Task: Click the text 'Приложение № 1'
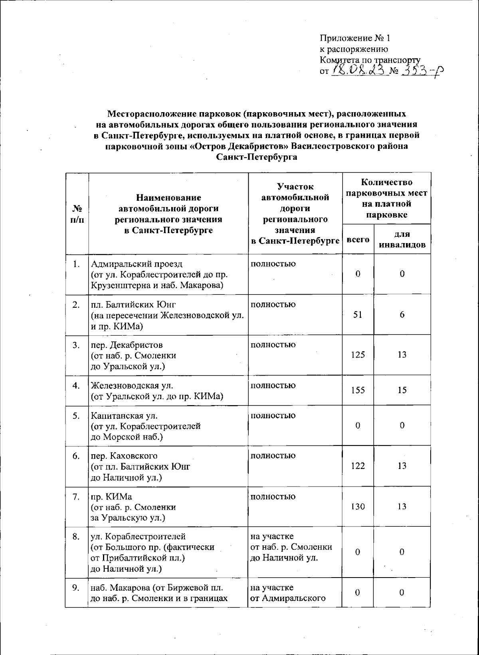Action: [x=355, y=38]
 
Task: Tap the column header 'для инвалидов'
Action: [x=402, y=239]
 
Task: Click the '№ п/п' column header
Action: [x=77, y=214]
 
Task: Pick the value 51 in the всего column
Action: [x=358, y=315]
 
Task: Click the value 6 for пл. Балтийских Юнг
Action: [x=402, y=315]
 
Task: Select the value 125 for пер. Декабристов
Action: [x=358, y=355]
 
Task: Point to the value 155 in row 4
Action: [x=358, y=390]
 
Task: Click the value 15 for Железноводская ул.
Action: [x=402, y=390]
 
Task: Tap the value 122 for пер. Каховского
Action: [x=358, y=466]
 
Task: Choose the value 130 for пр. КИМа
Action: [x=358, y=507]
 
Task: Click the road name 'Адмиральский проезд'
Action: [x=137, y=264]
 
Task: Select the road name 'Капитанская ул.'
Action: [x=125, y=416]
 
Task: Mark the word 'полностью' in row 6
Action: [x=273, y=456]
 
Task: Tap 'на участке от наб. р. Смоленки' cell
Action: [x=291, y=547]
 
